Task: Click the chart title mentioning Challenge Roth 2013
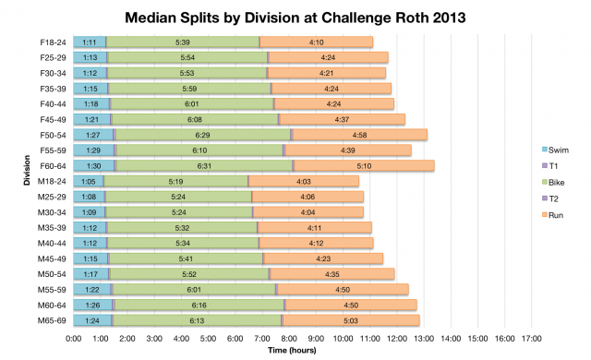pyautogui.click(x=295, y=16)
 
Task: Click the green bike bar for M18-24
pyautogui.click(x=175, y=181)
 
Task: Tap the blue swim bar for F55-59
pyautogui.click(x=93, y=150)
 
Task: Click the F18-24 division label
pyautogui.click(x=53, y=42)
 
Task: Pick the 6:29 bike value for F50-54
pyautogui.click(x=202, y=135)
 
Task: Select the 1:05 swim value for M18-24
pyautogui.click(x=89, y=181)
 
